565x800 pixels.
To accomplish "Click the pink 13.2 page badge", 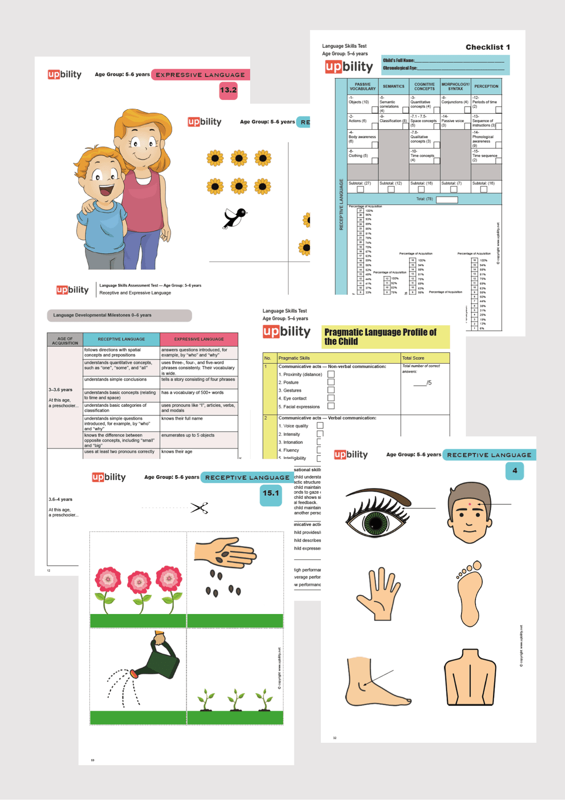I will tap(228, 91).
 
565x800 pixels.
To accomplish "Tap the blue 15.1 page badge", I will tap(271, 494).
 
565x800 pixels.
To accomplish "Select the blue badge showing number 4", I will tap(514, 471).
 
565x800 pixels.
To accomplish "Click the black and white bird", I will tap(235, 218).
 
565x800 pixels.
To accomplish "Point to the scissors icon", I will tap(199, 508).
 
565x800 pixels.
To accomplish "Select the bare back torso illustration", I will tap(470, 676).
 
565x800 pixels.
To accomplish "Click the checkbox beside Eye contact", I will tap(331, 398).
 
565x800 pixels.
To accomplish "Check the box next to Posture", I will tap(331, 382).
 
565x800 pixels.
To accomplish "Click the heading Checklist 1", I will tap(488, 47).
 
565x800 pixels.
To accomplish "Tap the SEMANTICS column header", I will tap(393, 86).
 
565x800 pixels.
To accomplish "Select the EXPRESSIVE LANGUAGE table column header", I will tap(199, 339).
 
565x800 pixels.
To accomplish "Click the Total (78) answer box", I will tap(446, 200).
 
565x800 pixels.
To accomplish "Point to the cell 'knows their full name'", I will tap(198, 418).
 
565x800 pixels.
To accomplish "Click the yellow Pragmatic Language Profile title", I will tap(385, 337).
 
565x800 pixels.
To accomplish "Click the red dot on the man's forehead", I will tap(470, 504).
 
